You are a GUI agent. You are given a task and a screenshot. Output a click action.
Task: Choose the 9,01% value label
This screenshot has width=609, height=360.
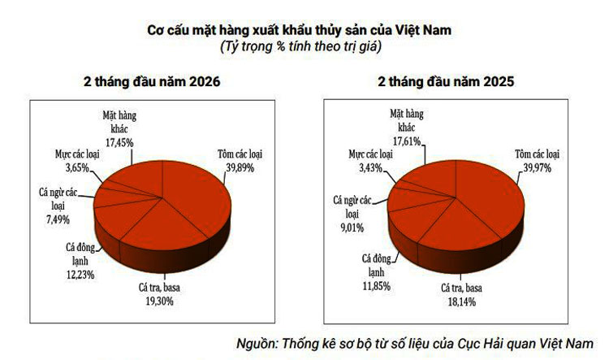point(351,226)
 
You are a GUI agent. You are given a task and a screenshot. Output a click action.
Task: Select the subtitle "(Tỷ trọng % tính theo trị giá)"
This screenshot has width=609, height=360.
point(300,47)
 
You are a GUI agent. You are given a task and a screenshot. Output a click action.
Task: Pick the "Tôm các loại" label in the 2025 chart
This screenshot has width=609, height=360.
point(538,153)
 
